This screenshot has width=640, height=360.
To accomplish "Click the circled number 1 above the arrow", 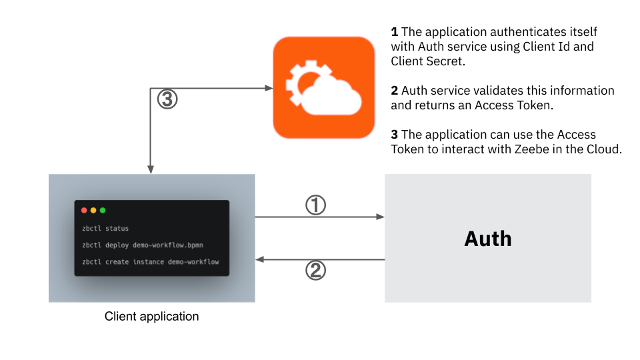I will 315,205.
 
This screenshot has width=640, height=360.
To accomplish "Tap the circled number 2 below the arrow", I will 315,270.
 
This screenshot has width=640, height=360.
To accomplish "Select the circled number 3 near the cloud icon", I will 167,99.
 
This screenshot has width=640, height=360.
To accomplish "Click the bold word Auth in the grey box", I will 488,239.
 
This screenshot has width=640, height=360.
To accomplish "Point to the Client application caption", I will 151,316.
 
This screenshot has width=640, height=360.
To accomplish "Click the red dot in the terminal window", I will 84,211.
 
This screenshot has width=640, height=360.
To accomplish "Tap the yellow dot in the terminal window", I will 93,211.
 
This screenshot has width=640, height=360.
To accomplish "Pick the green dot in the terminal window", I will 103,211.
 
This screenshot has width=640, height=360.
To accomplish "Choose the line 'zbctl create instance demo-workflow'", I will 150,261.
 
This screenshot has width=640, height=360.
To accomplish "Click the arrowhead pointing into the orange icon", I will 269,88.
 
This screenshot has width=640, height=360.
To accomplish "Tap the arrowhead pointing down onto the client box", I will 151,170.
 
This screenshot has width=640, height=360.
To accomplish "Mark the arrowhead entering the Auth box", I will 381,217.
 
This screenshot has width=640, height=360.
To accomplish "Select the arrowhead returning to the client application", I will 260,259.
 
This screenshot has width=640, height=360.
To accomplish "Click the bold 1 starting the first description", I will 394,32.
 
